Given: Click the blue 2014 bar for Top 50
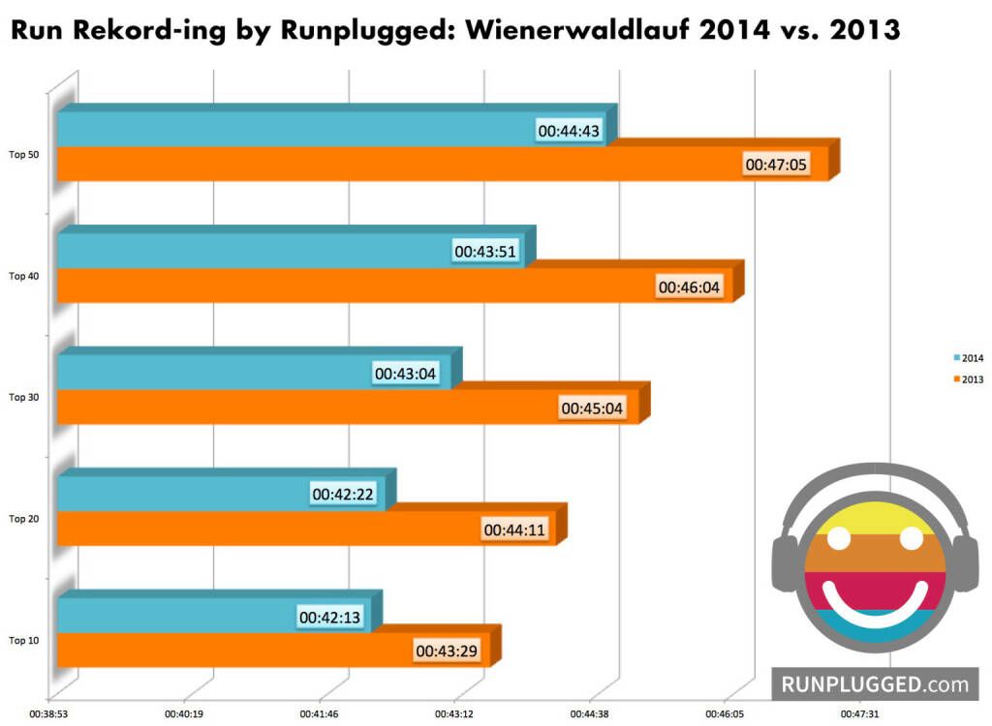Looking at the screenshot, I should coord(291,130).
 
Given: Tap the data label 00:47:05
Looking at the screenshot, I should coord(772,165).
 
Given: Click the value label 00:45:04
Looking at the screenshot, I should coord(592,408).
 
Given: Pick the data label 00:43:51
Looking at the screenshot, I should coord(486,252).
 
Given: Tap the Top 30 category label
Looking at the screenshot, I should coord(24,397).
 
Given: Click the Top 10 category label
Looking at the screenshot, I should coord(24,640).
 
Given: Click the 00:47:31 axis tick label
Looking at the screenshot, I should coord(859,713).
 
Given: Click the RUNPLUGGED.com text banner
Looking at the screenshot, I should coord(875,684).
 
